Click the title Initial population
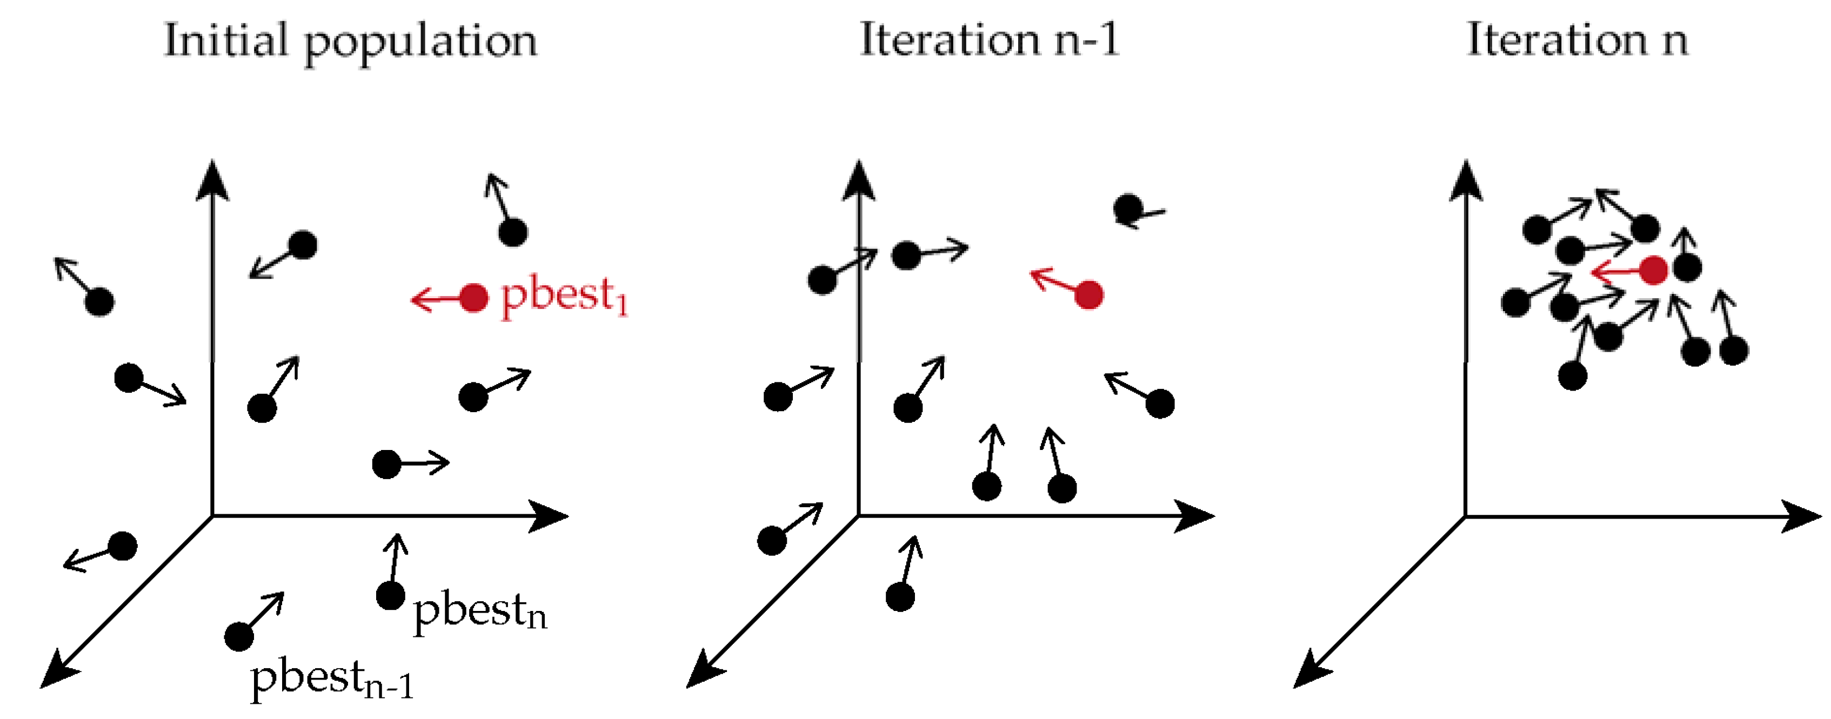(350, 41)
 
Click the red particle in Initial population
(473, 298)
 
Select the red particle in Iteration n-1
(1088, 294)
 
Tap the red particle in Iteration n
(1653, 270)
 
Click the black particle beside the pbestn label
(390, 595)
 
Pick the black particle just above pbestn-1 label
(239, 636)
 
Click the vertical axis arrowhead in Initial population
(212, 178)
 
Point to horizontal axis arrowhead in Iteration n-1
(1197, 516)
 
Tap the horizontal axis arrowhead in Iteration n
(1806, 516)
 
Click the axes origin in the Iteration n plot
(1466, 516)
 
